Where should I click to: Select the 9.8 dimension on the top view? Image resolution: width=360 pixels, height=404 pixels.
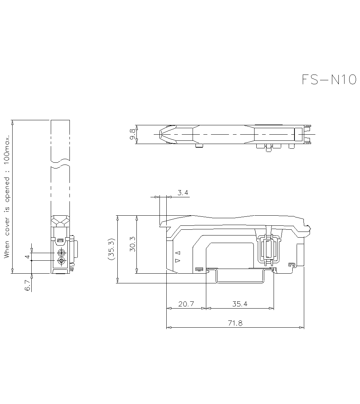click(x=132, y=135)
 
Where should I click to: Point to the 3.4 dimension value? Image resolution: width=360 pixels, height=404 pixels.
click(x=183, y=193)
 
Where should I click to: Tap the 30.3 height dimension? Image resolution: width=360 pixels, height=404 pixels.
click(x=132, y=244)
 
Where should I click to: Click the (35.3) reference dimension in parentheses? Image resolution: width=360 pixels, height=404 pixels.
click(x=112, y=249)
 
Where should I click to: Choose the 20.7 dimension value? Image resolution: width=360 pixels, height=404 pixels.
click(x=186, y=304)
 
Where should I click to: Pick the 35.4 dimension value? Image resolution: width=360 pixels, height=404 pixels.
click(x=239, y=304)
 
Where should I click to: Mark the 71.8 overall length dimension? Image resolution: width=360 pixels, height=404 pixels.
click(x=235, y=323)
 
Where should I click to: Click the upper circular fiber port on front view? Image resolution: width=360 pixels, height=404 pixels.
click(x=61, y=253)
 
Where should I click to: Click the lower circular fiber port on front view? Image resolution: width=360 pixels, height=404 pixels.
click(x=61, y=260)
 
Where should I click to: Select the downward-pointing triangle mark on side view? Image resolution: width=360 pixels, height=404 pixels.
click(x=176, y=260)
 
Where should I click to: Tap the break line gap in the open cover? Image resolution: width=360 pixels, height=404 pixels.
click(x=60, y=163)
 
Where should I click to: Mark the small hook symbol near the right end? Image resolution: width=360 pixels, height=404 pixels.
click(x=292, y=265)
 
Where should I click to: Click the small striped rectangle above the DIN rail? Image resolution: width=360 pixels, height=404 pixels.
click(x=198, y=269)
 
